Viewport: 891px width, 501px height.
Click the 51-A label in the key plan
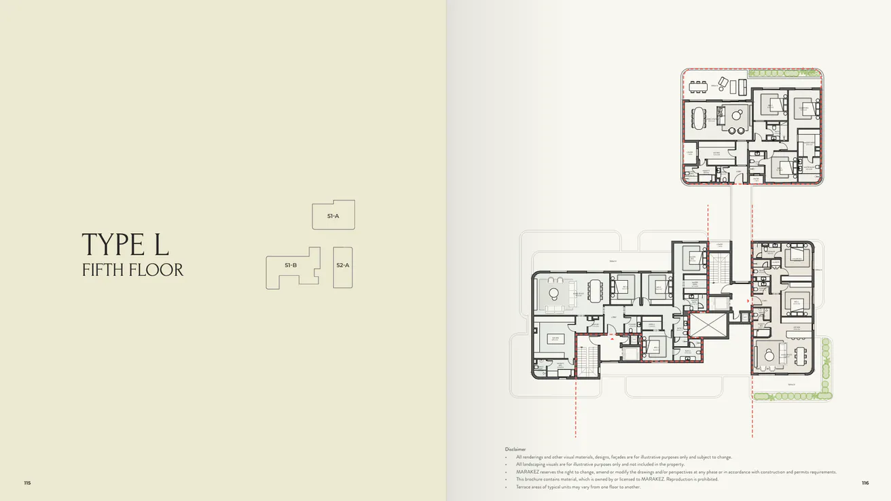tap(333, 216)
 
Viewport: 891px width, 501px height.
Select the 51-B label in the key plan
tap(291, 265)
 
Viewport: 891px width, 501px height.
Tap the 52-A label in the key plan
tap(343, 265)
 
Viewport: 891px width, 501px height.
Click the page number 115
tap(27, 483)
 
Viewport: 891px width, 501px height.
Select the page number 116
tap(865, 483)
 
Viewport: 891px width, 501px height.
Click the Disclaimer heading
tap(515, 449)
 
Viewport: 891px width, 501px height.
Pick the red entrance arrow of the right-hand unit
tap(748, 300)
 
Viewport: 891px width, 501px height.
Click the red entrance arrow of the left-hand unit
tap(611, 333)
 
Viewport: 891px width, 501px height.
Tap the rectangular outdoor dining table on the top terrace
tap(698, 86)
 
